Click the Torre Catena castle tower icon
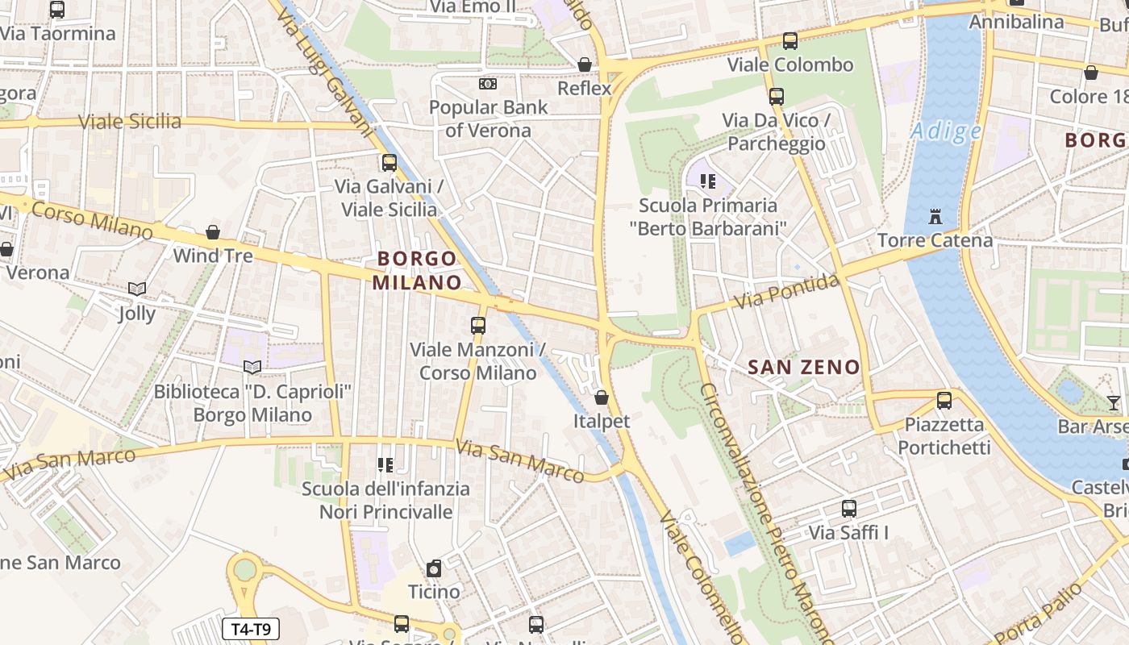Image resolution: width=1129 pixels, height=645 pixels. tap(935, 217)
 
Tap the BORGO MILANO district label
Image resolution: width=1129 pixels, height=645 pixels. tap(417, 270)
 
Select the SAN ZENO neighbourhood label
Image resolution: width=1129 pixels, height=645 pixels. tap(804, 368)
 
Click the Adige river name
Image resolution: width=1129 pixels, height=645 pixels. tap(946, 131)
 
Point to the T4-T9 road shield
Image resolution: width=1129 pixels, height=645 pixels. tap(251, 629)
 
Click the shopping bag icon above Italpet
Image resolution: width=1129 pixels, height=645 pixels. tap(601, 397)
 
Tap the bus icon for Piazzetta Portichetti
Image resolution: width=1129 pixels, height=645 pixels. tap(944, 400)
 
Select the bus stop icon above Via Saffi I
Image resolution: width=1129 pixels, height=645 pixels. tap(848, 509)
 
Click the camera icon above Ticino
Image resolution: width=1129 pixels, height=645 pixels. tap(434, 568)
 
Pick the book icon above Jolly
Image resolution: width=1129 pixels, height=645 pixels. tap(137, 289)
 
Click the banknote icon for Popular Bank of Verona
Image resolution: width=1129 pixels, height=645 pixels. tap(488, 84)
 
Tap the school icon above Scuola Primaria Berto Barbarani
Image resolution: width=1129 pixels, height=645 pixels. tap(708, 181)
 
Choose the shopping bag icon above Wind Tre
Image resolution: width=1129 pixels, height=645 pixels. tap(213, 232)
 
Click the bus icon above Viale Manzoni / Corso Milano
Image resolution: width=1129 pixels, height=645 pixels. tap(478, 326)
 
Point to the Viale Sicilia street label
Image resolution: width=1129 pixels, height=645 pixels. tap(130, 122)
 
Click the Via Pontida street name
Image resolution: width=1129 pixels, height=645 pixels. tap(787, 292)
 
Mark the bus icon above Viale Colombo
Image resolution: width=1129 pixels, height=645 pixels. tap(790, 41)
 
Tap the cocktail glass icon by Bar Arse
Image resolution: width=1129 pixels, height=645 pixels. tap(1114, 402)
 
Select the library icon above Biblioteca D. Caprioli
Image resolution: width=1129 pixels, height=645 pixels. tap(252, 368)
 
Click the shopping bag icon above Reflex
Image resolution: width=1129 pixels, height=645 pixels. tap(585, 64)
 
